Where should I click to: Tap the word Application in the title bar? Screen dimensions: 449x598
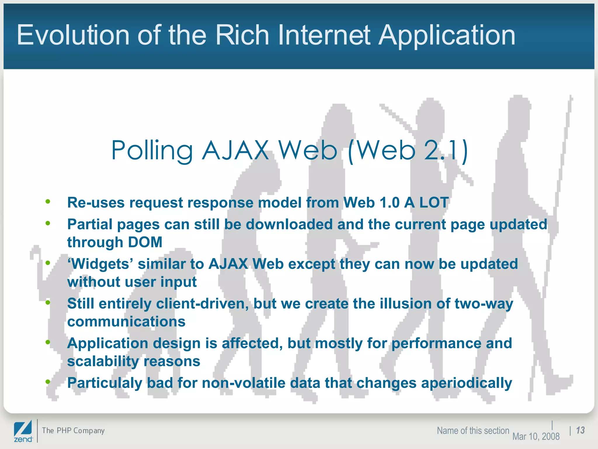[447, 36]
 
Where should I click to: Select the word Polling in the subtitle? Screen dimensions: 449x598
[152, 151]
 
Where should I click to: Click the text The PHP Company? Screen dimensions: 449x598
[73, 431]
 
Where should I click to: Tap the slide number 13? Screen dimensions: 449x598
[580, 430]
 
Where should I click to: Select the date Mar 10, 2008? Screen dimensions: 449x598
[536, 436]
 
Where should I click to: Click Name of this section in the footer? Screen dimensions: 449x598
[473, 431]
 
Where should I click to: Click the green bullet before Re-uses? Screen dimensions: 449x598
[48, 201]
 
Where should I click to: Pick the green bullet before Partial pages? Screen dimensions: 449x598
[48, 224]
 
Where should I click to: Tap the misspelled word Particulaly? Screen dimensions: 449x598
[105, 383]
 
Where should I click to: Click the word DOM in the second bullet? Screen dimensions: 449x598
[145, 242]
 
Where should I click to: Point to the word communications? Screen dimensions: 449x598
[126, 322]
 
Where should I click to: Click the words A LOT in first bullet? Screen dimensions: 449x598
[426, 202]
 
